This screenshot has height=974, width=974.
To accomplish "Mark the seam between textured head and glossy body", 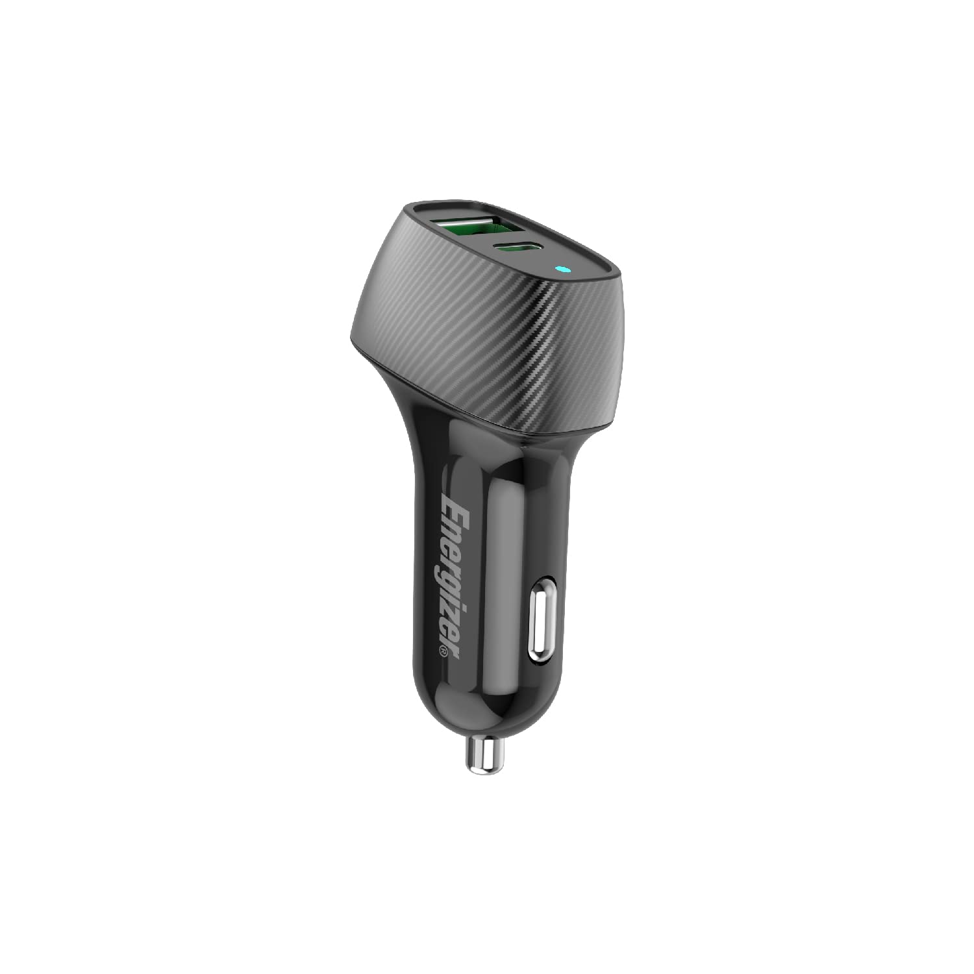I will pos(468,409).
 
